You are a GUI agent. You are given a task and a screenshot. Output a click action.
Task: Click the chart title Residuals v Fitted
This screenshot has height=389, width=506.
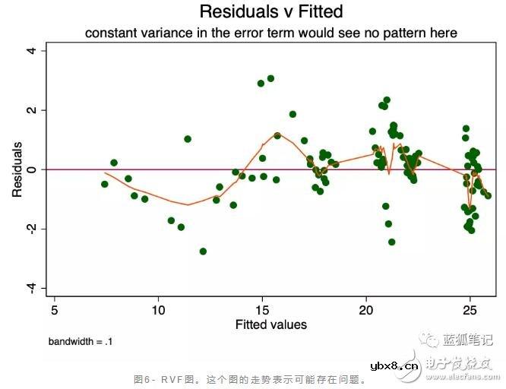point(271,11)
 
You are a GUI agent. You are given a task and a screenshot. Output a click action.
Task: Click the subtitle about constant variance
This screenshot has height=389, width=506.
point(271,33)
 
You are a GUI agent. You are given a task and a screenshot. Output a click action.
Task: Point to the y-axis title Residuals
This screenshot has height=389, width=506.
point(17,169)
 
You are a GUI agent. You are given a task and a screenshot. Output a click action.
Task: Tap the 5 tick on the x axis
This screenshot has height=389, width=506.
point(54,310)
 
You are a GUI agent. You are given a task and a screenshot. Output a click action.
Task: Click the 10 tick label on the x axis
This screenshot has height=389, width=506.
point(158,310)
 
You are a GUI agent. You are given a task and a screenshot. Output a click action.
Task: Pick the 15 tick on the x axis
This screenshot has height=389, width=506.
point(262,310)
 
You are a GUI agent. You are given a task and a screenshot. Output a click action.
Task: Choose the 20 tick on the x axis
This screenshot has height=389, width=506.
point(366,310)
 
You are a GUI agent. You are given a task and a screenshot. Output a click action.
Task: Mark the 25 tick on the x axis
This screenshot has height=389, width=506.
point(470,310)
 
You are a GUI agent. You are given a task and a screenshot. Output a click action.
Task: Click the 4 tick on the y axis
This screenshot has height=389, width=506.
point(32,50)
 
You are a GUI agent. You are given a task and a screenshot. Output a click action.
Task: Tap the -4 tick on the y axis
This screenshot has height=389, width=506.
point(32,287)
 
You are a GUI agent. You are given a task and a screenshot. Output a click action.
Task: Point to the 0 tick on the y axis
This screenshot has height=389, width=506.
point(32,169)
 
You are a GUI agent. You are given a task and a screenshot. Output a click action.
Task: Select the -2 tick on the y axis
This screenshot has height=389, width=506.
point(32,229)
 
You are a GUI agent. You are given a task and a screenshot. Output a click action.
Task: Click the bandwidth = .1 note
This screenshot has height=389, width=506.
point(81,342)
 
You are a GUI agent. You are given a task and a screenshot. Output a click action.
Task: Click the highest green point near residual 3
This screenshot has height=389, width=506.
point(270,78)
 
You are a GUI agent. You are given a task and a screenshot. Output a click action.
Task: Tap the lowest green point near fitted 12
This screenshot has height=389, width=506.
point(203,251)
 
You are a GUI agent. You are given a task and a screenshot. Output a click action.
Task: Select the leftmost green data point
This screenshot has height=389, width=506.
point(105,184)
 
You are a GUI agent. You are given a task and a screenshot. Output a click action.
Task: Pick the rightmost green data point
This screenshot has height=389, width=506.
point(488,196)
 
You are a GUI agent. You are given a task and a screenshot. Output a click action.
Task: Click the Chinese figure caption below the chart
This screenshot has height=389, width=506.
point(250,378)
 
